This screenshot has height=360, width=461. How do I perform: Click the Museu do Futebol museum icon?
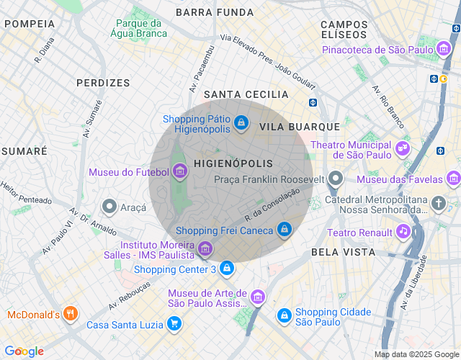pos(180,171)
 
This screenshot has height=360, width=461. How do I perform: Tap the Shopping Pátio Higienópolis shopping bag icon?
pos(241,124)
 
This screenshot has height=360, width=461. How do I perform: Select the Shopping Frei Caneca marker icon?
pos(285,230)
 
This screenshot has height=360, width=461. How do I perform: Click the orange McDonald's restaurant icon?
pos(70,314)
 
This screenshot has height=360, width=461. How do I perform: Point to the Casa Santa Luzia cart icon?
pos(174,324)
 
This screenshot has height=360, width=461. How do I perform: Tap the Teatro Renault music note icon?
pos(404,232)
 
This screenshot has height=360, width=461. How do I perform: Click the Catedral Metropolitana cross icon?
pos(439,204)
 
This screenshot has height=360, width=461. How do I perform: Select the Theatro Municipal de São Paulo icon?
pos(402,150)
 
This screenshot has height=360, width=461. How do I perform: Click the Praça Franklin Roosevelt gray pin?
pos(335,179)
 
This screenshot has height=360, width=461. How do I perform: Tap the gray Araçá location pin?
pos(109,207)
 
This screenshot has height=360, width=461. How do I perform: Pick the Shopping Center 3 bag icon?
pos(227,269)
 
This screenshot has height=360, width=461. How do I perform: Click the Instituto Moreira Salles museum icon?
pos(205,249)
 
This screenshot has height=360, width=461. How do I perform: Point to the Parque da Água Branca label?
pos(140,28)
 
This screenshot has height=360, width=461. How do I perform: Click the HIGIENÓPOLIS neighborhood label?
pos(233,163)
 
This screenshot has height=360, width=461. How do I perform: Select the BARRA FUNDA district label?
pos(215,12)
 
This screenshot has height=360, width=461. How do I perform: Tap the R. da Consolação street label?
pos(272,204)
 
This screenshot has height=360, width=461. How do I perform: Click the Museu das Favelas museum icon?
pos(452,178)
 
